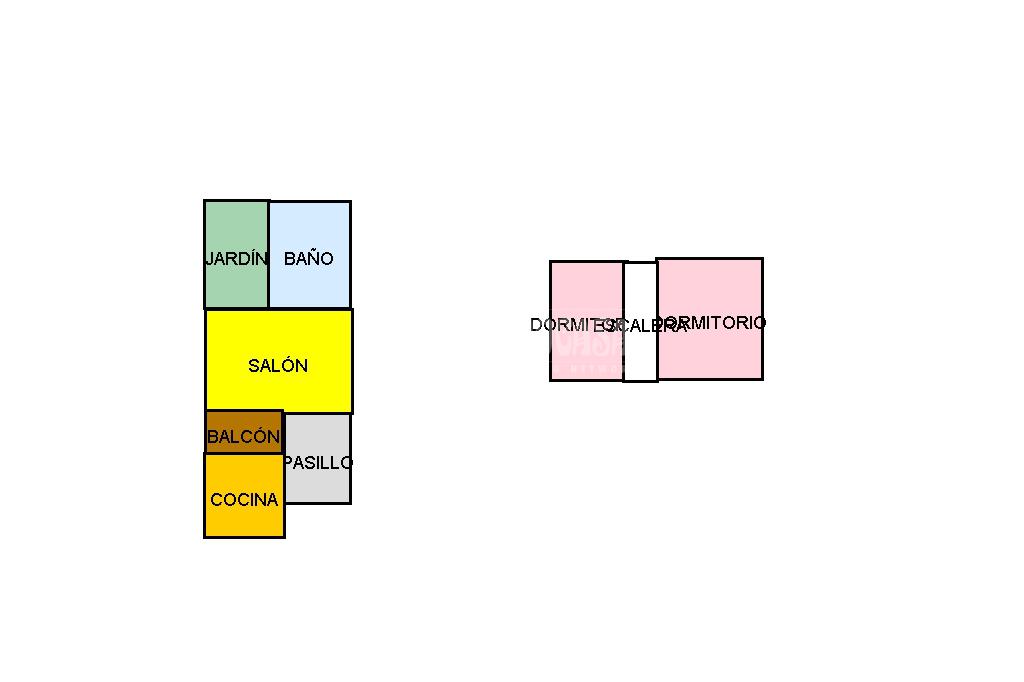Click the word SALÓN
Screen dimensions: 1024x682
[x=278, y=366]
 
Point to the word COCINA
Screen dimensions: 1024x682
[x=244, y=500]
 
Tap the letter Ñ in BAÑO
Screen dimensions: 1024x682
[x=309, y=258]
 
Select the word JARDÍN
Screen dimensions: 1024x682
[x=236, y=259]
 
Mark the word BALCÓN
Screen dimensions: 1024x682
[x=243, y=437]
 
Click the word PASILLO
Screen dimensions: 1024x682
[x=318, y=463]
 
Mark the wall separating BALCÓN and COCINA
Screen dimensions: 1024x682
[x=244, y=453]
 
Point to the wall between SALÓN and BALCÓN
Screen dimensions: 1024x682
[x=244, y=411]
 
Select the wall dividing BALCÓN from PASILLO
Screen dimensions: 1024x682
[x=284, y=432]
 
